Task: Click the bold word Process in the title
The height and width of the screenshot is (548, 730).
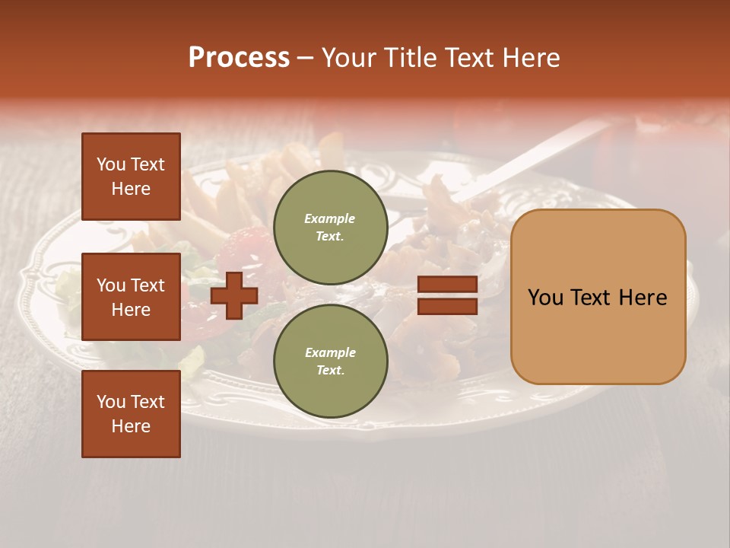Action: (x=239, y=58)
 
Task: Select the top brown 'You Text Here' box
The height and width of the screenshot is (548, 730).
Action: (x=131, y=177)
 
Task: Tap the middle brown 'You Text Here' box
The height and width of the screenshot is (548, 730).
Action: (x=131, y=297)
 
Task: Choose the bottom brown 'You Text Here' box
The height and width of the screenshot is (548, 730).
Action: (x=131, y=414)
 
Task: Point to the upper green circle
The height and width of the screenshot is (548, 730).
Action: (x=330, y=228)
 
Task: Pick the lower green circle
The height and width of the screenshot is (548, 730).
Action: (x=330, y=362)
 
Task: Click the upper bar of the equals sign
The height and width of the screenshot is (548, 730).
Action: (x=447, y=284)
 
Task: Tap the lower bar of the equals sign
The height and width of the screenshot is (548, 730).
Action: (x=447, y=306)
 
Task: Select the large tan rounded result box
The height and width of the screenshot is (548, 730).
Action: (x=598, y=297)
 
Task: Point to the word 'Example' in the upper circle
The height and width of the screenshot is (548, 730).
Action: (x=330, y=219)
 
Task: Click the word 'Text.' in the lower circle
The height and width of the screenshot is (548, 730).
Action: (x=330, y=371)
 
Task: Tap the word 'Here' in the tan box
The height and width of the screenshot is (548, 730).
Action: (x=643, y=298)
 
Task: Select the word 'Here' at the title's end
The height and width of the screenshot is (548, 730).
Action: (x=531, y=58)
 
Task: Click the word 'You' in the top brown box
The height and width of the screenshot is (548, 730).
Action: (x=111, y=164)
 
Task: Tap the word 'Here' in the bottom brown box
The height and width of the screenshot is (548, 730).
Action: (x=131, y=426)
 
